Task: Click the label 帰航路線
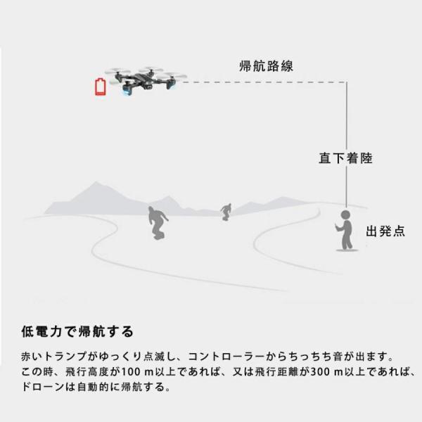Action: coord(266,67)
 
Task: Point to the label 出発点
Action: coord(385,231)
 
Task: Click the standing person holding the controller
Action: coord(345,230)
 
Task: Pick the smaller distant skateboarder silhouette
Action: coord(226,211)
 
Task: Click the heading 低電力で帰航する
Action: coord(77,331)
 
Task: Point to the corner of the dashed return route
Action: coord(345,82)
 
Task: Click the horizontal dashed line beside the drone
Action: coord(260,82)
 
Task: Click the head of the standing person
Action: coord(345,215)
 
